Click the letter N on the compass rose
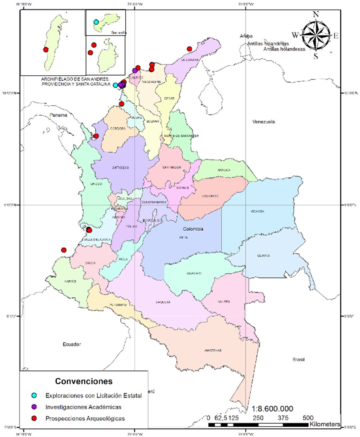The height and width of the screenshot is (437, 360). tap(316, 14)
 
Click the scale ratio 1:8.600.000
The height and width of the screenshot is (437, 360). tap(272, 408)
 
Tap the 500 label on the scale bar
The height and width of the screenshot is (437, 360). tap(308, 418)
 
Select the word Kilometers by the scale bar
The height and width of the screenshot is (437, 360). tap(325, 425)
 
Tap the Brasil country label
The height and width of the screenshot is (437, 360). tap(298, 360)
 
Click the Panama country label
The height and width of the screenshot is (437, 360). tap(58, 115)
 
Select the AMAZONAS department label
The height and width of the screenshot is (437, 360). tap(213, 351)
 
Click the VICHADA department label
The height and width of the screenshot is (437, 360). tap(257, 211)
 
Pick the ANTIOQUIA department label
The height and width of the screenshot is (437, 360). tap(121, 167)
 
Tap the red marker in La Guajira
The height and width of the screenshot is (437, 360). tap(190, 49)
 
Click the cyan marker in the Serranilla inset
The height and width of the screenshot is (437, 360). tap(96, 22)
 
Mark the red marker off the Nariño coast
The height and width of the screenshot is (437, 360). tap(64, 250)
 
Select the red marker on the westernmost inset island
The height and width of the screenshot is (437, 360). tap(46, 50)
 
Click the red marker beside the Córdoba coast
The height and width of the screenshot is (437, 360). tap(96, 136)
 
